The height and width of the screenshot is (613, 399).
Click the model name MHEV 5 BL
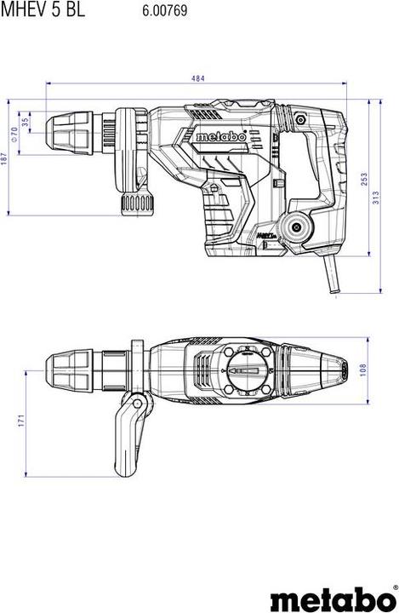coord(43,9)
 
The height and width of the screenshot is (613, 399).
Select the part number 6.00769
coord(164,10)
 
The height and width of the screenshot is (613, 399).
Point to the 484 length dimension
coord(197,78)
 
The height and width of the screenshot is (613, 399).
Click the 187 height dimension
coord(4,158)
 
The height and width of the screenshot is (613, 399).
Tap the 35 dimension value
coord(26,122)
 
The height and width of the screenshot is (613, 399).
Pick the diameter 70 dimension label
coord(14,135)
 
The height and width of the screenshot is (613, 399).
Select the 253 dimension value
coord(364,180)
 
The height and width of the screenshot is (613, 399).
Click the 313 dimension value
coord(376,198)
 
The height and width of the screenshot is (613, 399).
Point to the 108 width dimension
coord(363,370)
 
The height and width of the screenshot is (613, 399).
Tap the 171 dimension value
coord(21,421)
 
